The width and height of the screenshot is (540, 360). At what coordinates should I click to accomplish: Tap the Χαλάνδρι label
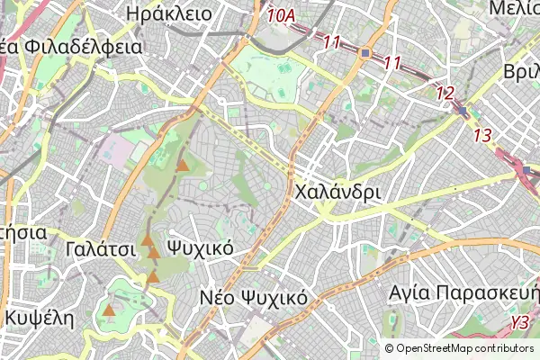[x=337, y=192]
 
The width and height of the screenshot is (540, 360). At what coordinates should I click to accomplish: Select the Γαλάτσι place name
[x=99, y=247]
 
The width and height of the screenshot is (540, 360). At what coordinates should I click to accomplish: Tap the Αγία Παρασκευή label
[x=463, y=293]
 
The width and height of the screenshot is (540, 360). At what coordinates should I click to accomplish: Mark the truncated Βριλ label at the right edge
[x=522, y=72]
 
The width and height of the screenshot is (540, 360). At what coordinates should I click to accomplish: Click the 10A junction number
[x=281, y=15]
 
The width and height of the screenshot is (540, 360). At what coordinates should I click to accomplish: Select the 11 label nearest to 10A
[x=332, y=41]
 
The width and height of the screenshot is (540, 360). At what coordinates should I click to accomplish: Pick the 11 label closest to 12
[x=391, y=62]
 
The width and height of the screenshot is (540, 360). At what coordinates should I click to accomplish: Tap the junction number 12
[x=445, y=92]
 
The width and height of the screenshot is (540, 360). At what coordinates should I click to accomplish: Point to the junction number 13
[x=482, y=135]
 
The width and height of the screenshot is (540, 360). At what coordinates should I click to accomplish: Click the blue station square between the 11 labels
[x=364, y=53]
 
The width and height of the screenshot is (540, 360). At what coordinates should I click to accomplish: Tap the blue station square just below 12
[x=463, y=111]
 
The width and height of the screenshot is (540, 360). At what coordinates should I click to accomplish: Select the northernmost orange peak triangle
[x=183, y=166]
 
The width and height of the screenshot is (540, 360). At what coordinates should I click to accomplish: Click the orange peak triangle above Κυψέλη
[x=109, y=311]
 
